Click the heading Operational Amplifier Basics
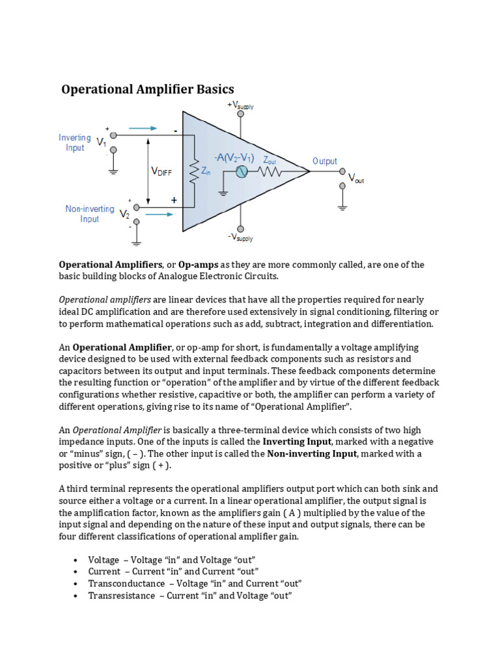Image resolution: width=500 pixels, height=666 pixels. [147, 89]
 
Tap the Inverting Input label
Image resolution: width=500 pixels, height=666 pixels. [75, 142]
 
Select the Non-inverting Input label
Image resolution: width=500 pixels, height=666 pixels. [89, 214]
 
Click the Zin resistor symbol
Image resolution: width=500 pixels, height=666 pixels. [193, 171]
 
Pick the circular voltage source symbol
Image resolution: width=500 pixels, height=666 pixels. [241, 172]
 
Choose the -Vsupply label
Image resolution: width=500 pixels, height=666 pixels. [242, 237]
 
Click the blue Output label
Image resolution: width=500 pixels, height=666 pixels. [325, 161]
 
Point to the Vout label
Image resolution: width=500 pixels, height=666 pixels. [356, 178]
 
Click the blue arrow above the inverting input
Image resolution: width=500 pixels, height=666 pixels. [143, 129]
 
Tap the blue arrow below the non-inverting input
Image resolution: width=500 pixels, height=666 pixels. [161, 211]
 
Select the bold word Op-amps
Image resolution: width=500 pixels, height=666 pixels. [198, 265]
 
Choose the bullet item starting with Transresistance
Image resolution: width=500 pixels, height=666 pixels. [189, 595]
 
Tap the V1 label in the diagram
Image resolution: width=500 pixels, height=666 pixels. [102, 142]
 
